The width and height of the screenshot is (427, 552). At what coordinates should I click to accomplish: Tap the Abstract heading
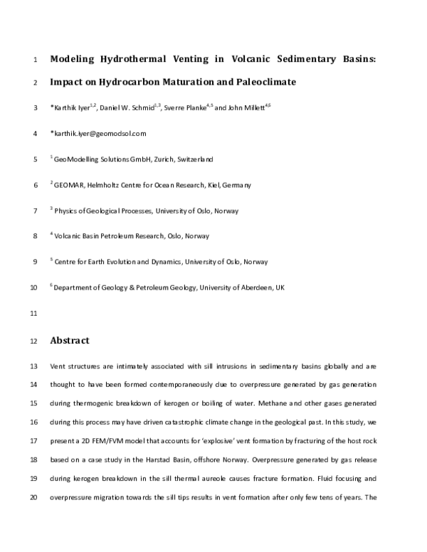[70, 341]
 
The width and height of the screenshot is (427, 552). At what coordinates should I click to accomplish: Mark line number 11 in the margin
[33, 313]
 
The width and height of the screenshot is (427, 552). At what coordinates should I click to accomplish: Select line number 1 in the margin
[35, 60]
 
